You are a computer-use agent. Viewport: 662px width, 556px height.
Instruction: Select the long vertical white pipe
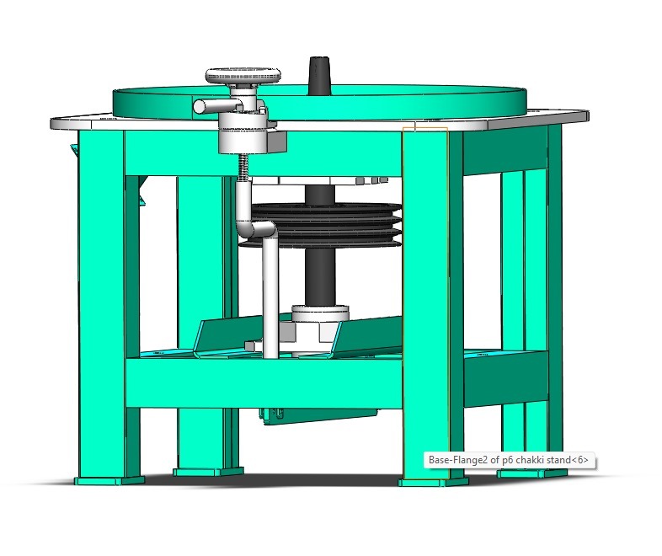270,295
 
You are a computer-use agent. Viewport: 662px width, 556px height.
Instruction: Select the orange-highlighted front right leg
426,303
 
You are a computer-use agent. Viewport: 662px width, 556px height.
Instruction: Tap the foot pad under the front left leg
109,481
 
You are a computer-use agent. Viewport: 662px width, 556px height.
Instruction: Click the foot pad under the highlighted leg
432,484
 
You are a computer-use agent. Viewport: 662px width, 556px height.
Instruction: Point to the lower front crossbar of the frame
261,382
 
